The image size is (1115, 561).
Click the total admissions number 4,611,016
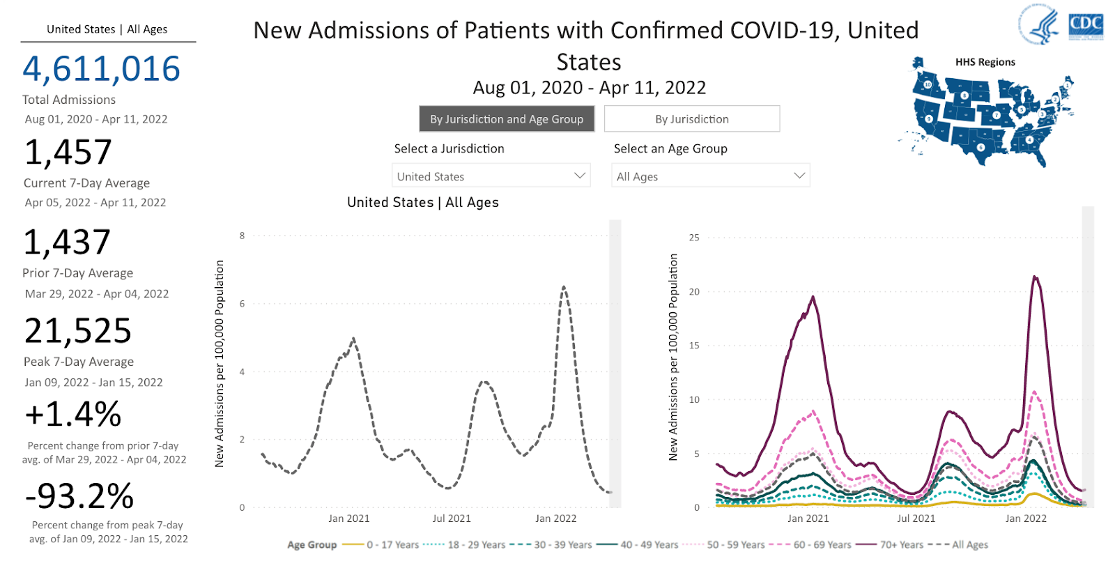(102, 69)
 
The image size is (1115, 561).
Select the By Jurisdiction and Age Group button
(507, 119)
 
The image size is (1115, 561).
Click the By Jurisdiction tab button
(691, 119)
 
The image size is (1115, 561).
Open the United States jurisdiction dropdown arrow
(579, 176)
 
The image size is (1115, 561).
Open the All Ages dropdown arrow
(799, 176)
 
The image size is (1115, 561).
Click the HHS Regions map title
(985, 62)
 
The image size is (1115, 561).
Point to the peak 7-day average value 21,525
(78, 331)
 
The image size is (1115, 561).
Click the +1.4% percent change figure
(73, 415)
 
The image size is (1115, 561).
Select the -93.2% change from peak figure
(79, 497)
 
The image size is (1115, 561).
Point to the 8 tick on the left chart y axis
(243, 236)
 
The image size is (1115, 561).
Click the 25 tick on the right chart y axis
(694, 238)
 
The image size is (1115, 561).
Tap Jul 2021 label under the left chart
(452, 518)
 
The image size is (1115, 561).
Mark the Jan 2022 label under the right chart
(1026, 518)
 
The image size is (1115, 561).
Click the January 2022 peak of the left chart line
(564, 286)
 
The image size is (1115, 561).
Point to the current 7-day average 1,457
(68, 153)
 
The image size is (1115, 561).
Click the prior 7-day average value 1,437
(67, 243)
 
